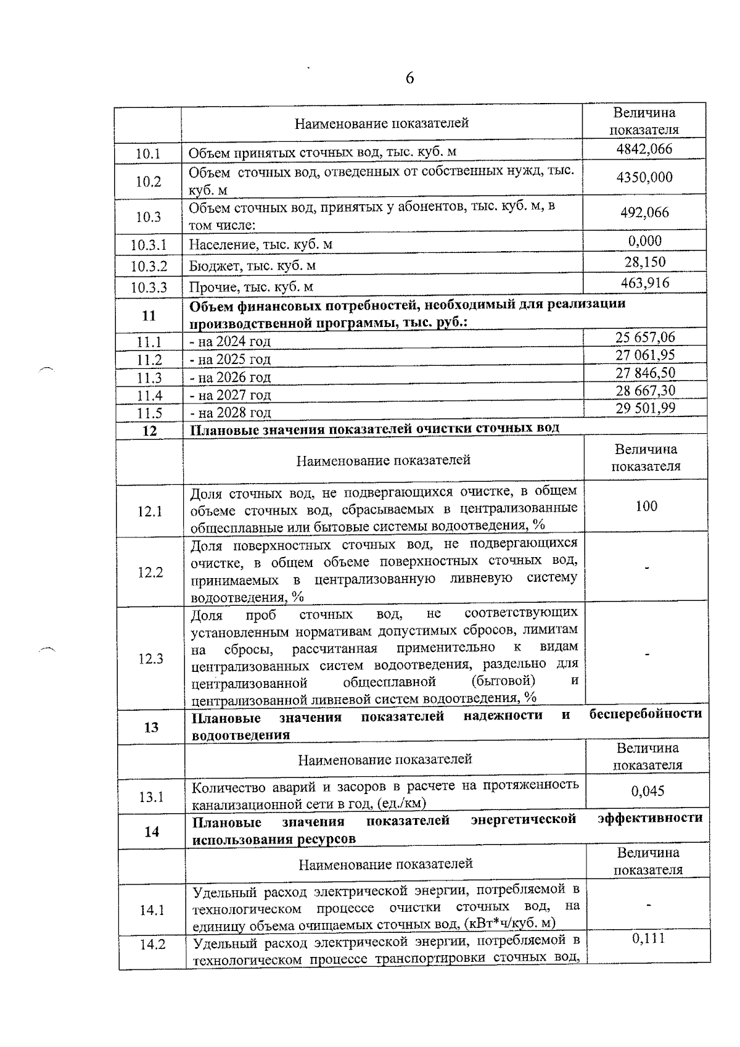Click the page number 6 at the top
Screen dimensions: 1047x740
point(410,78)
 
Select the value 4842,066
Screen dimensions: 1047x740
point(644,149)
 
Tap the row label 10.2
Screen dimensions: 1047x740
point(148,181)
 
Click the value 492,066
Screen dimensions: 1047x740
point(644,212)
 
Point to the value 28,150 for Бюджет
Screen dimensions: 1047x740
point(644,262)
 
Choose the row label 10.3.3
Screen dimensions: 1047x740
point(149,287)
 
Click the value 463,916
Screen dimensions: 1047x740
point(644,283)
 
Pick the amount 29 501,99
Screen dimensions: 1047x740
point(645,408)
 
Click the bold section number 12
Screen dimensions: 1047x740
point(149,431)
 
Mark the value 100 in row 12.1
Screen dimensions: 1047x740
point(646,506)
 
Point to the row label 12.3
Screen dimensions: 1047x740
point(150,658)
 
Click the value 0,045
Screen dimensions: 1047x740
point(647,791)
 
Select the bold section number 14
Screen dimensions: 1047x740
point(152,832)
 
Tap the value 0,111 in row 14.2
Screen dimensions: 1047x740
point(648,938)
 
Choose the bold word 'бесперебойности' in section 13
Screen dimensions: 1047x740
point(646,714)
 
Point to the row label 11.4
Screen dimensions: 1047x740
point(149,395)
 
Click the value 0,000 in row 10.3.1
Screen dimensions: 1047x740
point(644,241)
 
